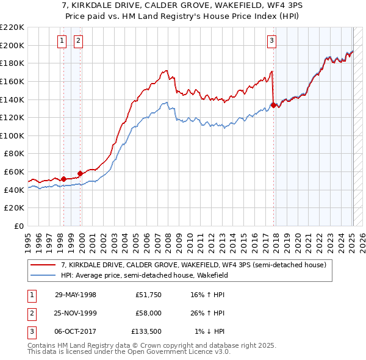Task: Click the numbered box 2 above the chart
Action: [79, 41]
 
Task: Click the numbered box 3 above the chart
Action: [271, 41]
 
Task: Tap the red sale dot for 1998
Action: [63, 179]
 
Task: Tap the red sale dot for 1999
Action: [80, 173]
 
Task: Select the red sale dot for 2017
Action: [273, 105]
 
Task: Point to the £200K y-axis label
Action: [12, 45]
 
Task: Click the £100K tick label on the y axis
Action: [12, 135]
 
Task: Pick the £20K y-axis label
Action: [14, 208]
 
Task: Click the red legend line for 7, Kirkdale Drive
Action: [43, 265]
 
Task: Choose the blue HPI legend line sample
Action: [43, 275]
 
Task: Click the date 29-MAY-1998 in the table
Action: [76, 295]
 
